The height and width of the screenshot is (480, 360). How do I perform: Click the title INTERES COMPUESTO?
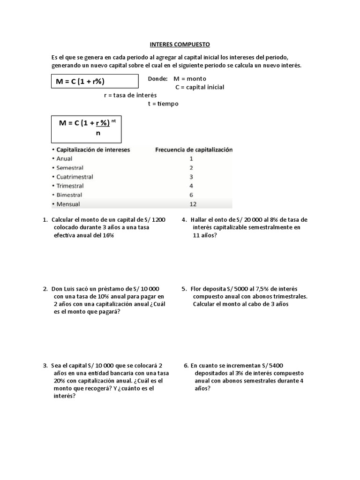tap(180, 45)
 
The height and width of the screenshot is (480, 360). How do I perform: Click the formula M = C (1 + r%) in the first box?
tap(80, 82)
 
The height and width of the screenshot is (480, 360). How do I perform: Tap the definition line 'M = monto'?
tap(189, 79)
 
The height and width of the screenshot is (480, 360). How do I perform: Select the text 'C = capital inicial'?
tap(200, 87)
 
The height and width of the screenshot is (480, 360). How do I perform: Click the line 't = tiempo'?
tap(163, 104)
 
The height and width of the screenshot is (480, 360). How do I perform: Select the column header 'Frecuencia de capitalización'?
tap(194, 150)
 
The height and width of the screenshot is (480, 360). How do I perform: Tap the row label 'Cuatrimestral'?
tap(75, 177)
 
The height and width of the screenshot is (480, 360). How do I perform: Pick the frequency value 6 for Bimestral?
tap(191, 195)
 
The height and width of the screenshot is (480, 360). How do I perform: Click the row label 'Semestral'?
tap(70, 168)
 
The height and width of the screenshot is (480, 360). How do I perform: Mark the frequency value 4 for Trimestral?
tap(191, 186)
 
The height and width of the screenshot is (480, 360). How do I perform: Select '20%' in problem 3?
tap(59, 381)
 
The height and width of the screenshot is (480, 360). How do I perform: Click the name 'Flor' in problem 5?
tap(197, 289)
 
